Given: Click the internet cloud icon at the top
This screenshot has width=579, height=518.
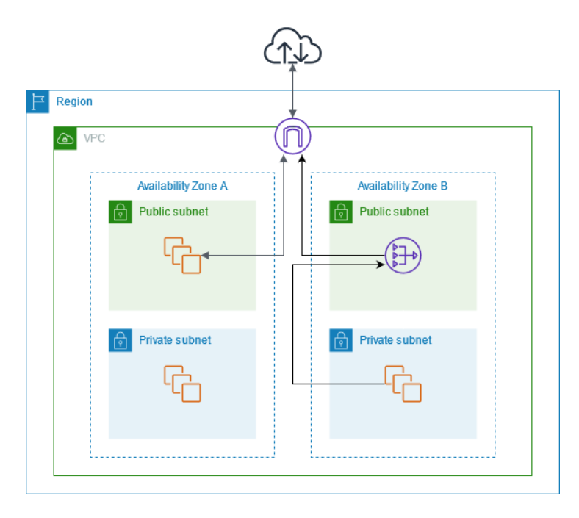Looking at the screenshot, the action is (x=292, y=46).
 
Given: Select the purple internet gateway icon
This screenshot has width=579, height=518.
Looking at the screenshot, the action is (x=293, y=136).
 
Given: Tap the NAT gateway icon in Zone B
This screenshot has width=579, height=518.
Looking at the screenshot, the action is (x=403, y=255).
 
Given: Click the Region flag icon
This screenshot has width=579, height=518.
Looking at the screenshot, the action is (x=37, y=101).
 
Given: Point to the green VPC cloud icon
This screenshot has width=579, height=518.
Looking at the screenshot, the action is (x=65, y=138).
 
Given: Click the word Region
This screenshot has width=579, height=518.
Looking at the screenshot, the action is (x=74, y=101).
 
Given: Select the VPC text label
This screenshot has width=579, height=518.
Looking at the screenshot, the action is (x=95, y=138).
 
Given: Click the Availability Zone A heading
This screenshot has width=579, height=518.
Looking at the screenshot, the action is (x=182, y=186).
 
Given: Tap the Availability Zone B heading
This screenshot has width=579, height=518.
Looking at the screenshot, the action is (x=403, y=186).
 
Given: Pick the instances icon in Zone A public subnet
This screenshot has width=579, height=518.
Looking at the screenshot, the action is (x=182, y=255).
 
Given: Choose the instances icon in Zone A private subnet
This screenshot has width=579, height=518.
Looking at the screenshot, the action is (x=182, y=384).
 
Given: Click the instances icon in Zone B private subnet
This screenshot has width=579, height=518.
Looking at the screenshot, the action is (x=403, y=384).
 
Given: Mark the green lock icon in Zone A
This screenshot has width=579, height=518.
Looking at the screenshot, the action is (x=121, y=212).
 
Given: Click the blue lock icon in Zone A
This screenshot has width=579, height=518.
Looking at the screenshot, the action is (x=121, y=340).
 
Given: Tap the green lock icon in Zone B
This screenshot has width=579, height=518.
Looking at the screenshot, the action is (x=341, y=212).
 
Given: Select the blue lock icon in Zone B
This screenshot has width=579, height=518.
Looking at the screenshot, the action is (x=341, y=340).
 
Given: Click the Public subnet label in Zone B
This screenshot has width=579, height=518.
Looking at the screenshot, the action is (x=394, y=212).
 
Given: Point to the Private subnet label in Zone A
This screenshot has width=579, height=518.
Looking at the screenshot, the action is (x=175, y=340).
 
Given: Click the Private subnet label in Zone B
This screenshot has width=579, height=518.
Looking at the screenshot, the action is (x=395, y=340).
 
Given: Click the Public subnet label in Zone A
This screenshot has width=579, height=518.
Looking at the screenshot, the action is (x=173, y=212).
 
